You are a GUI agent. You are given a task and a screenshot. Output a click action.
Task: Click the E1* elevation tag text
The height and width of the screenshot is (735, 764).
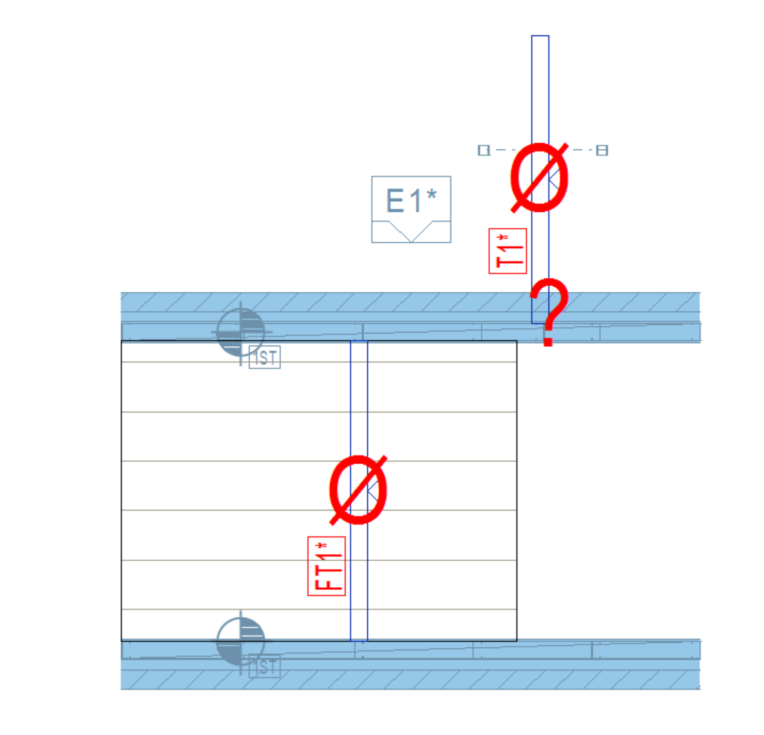(x=411, y=200)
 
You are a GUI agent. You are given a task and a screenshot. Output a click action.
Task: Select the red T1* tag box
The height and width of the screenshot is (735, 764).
(x=507, y=250)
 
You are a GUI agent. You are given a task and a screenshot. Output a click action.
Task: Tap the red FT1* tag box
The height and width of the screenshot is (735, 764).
(x=326, y=566)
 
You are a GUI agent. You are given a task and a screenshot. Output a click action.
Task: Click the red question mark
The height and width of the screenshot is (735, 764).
(x=549, y=312)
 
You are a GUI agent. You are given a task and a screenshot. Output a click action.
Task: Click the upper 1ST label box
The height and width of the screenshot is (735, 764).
(x=264, y=358)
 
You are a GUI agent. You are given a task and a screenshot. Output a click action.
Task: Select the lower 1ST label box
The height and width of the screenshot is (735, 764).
(x=264, y=666)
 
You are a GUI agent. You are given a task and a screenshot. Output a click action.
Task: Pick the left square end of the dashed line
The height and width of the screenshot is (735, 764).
(x=484, y=150)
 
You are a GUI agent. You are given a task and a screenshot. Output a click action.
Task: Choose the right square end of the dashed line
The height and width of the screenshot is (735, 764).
(x=602, y=150)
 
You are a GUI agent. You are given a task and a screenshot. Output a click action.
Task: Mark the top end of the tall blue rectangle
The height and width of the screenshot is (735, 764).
(x=540, y=36)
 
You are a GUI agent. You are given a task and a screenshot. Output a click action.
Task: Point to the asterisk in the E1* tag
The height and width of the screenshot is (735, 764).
(x=431, y=194)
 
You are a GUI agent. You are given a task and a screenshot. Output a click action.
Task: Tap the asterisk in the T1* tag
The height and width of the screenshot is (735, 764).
(x=503, y=238)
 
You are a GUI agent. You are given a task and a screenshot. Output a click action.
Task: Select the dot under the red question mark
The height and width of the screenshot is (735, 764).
(x=548, y=342)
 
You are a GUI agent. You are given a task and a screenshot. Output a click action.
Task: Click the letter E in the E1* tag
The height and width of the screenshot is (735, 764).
(x=394, y=200)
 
